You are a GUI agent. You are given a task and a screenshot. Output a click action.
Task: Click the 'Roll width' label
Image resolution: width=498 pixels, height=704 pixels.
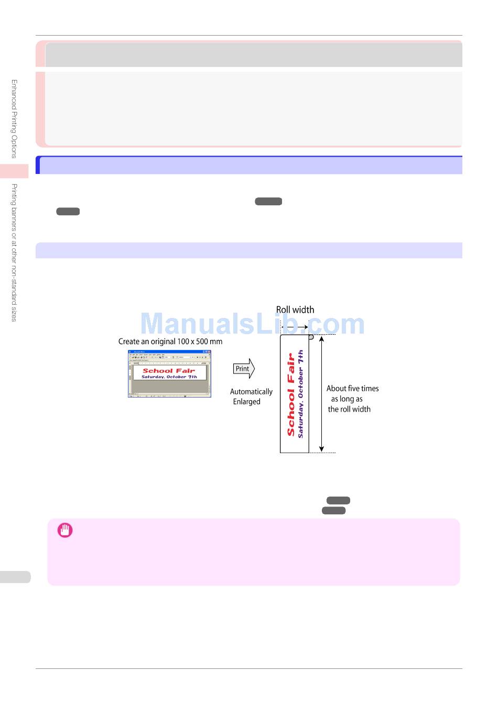[x=295, y=310]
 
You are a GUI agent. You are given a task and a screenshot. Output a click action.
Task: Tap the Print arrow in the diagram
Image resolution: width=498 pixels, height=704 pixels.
[x=244, y=369]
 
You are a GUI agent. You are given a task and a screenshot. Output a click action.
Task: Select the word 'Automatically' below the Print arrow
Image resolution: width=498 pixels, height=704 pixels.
[x=251, y=391]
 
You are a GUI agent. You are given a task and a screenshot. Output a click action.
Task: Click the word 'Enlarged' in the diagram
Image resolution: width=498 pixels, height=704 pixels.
[x=246, y=402]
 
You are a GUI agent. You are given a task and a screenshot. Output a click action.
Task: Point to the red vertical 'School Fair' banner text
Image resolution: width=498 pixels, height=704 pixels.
[x=291, y=394]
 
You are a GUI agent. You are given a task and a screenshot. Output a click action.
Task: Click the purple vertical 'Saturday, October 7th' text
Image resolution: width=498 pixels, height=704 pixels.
[x=301, y=394]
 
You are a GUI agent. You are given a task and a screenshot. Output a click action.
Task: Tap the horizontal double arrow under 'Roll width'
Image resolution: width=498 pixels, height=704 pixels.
[x=295, y=327]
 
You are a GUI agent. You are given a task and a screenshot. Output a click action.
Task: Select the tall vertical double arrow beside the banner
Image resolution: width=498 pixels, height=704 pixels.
[x=321, y=393]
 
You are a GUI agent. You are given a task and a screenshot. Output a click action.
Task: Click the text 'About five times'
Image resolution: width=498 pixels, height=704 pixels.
[x=352, y=388]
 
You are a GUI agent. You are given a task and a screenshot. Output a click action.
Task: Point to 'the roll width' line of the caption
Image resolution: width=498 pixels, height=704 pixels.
[x=349, y=409]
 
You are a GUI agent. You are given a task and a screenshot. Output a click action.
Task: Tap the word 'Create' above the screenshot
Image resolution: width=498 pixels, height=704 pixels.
[x=129, y=342]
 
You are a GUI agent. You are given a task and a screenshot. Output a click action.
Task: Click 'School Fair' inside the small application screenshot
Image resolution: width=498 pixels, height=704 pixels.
[x=168, y=370]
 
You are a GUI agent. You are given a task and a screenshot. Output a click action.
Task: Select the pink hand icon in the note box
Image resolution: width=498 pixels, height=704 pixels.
[x=65, y=530]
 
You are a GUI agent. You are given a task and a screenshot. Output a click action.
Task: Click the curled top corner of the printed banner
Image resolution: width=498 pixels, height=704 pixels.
[x=310, y=337]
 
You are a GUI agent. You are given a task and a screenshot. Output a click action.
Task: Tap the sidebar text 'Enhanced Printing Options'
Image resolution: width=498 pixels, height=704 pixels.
[x=14, y=119]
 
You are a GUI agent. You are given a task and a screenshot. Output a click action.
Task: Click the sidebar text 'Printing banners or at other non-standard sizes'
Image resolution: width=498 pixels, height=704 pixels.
[x=14, y=252]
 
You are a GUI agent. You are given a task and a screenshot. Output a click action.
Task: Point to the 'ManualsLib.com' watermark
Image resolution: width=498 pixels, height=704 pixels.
[x=253, y=324]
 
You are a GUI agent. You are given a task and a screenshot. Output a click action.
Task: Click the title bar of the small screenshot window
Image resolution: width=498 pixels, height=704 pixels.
[x=169, y=352]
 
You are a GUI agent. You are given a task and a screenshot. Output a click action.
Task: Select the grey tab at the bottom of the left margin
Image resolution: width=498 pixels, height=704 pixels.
[x=15, y=577]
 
